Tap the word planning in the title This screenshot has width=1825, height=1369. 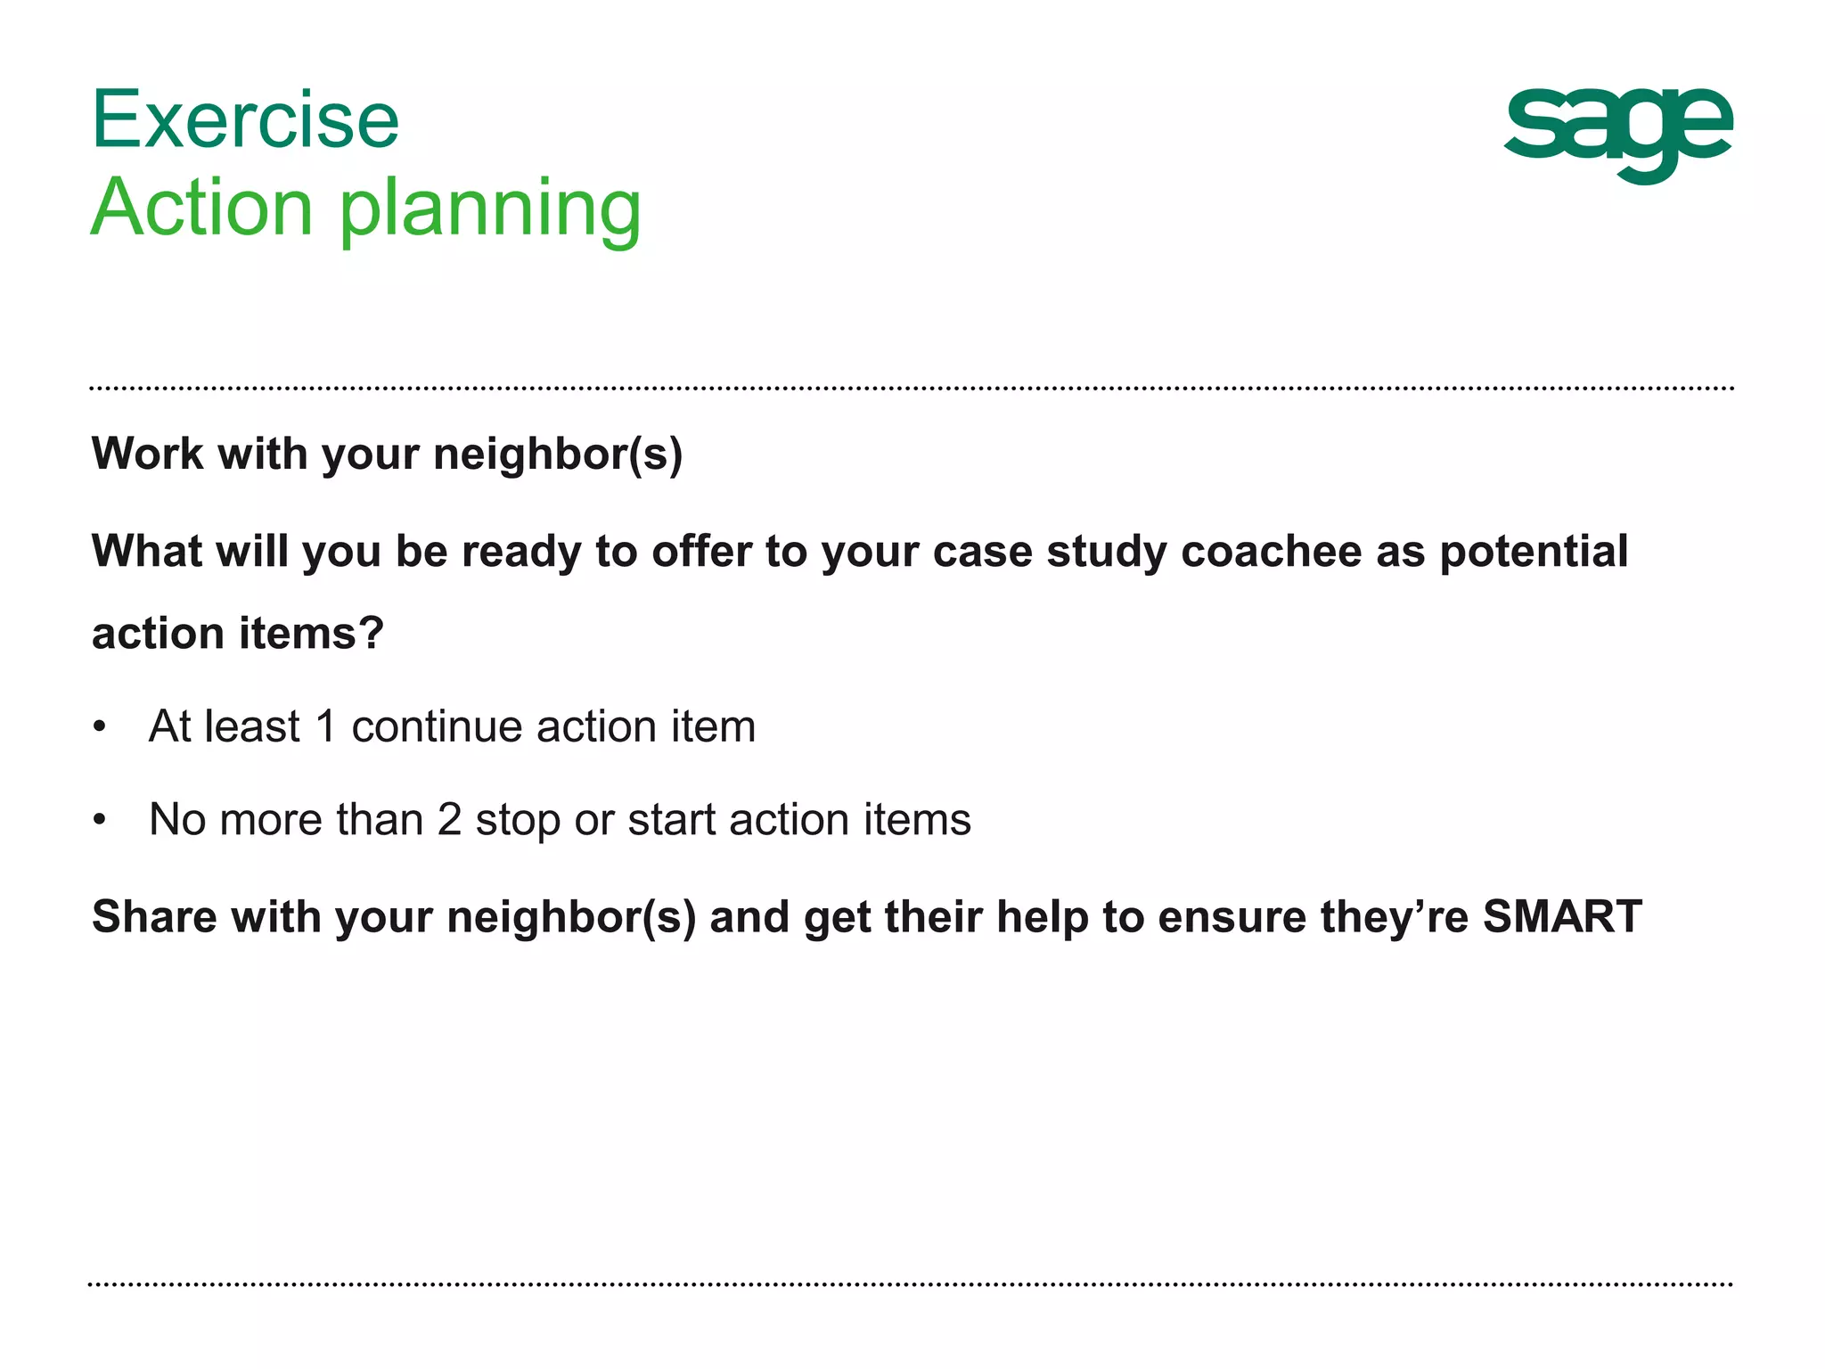490,209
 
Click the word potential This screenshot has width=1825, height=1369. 1534,551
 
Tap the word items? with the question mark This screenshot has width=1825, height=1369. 311,634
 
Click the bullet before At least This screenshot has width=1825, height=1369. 100,727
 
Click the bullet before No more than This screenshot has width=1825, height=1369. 100,820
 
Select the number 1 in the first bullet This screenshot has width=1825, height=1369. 326,726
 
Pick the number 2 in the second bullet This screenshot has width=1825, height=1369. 449,819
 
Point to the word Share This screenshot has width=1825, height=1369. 154,916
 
